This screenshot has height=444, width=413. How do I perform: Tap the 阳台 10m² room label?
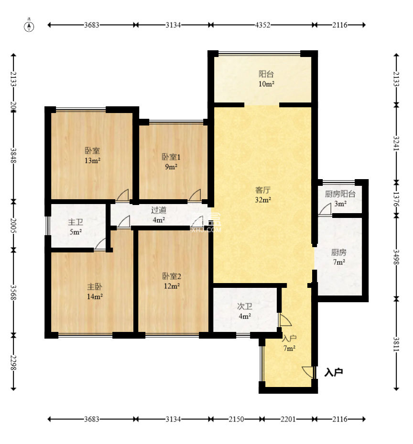pyautogui.click(x=266, y=79)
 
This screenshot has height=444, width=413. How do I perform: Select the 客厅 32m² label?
pyautogui.click(x=263, y=195)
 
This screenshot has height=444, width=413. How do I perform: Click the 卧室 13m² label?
pyautogui.click(x=92, y=156)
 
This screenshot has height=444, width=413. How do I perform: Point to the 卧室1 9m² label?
pyautogui.click(x=171, y=162)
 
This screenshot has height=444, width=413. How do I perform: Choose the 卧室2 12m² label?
pyautogui.click(x=172, y=281)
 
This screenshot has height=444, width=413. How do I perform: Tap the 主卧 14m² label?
pyautogui.click(x=95, y=292)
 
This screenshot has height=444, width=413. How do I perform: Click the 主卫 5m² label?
pyautogui.click(x=76, y=227)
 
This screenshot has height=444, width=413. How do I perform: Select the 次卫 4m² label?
pyautogui.click(x=245, y=311)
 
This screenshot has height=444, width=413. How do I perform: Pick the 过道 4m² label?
pyautogui.click(x=159, y=215)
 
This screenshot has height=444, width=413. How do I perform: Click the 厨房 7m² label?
pyautogui.click(x=338, y=257)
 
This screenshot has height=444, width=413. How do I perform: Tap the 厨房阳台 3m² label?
pyautogui.click(x=340, y=198)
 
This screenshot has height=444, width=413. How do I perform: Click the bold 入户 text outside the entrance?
pyautogui.click(x=334, y=372)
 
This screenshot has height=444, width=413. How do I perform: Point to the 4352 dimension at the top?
pyautogui.click(x=262, y=25)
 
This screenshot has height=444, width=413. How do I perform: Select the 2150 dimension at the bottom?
pyautogui.click(x=236, y=419)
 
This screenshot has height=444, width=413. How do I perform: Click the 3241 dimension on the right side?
pyautogui.click(x=396, y=144)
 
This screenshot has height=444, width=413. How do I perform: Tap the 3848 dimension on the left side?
pyautogui.click(x=13, y=156)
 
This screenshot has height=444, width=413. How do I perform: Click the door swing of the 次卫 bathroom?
pyautogui.click(x=285, y=319)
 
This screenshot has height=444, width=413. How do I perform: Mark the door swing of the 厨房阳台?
pyautogui.click(x=325, y=209)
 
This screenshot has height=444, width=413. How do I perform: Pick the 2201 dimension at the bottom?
pyautogui.click(x=288, y=419)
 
